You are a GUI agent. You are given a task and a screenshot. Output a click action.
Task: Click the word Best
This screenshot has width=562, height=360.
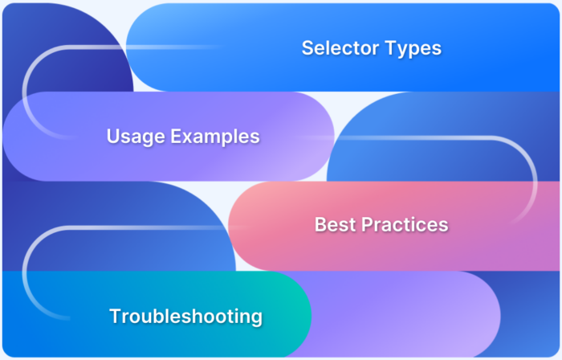333,225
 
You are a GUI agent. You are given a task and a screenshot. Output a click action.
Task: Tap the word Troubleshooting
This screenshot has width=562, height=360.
185,316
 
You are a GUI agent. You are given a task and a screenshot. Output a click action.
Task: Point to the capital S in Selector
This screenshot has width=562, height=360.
307,48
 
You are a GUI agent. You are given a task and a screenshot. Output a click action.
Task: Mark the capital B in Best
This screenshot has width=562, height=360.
320,225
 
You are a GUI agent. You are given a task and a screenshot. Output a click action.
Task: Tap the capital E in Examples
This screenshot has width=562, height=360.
177,137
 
